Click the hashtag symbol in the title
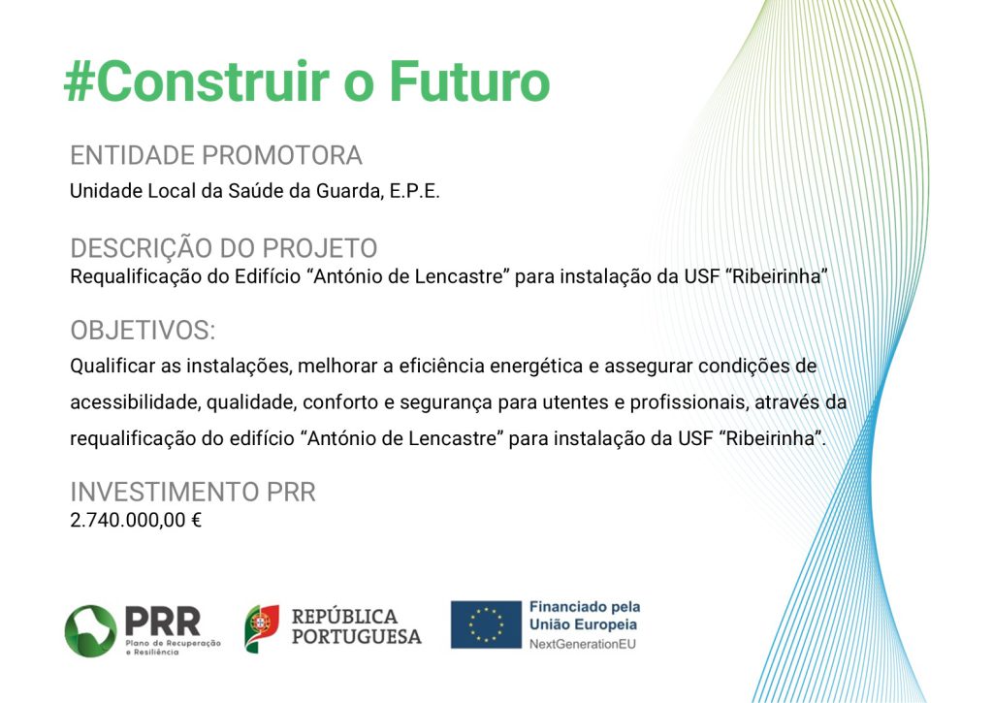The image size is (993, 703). [x=79, y=81]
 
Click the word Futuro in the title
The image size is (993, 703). [x=469, y=81]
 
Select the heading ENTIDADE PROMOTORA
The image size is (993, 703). [x=216, y=155]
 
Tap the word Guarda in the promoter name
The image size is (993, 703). [x=348, y=191]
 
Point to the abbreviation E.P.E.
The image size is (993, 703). [x=414, y=191]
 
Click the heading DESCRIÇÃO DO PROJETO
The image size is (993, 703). [x=224, y=248]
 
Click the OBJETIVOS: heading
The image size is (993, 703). [x=144, y=331]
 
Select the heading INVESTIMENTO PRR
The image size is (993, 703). [x=193, y=493]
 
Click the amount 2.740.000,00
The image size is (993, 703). [x=128, y=521]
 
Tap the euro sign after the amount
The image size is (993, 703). [x=196, y=521]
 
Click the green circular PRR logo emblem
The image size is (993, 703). [x=90, y=631]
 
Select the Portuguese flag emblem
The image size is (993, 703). [x=262, y=628]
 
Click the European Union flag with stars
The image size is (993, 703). [x=486, y=625]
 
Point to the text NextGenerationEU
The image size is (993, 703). [x=583, y=645]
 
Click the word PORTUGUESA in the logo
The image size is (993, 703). [x=357, y=636]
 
